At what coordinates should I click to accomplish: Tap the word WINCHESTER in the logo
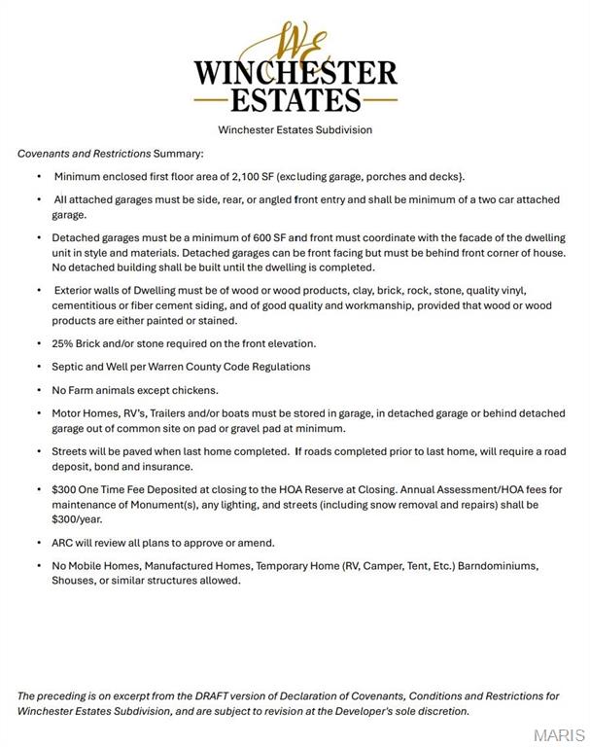295,73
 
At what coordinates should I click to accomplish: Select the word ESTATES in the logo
295,99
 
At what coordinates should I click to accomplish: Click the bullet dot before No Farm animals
39,390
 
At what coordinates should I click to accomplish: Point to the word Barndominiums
496,566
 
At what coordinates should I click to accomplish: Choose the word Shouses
76,581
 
